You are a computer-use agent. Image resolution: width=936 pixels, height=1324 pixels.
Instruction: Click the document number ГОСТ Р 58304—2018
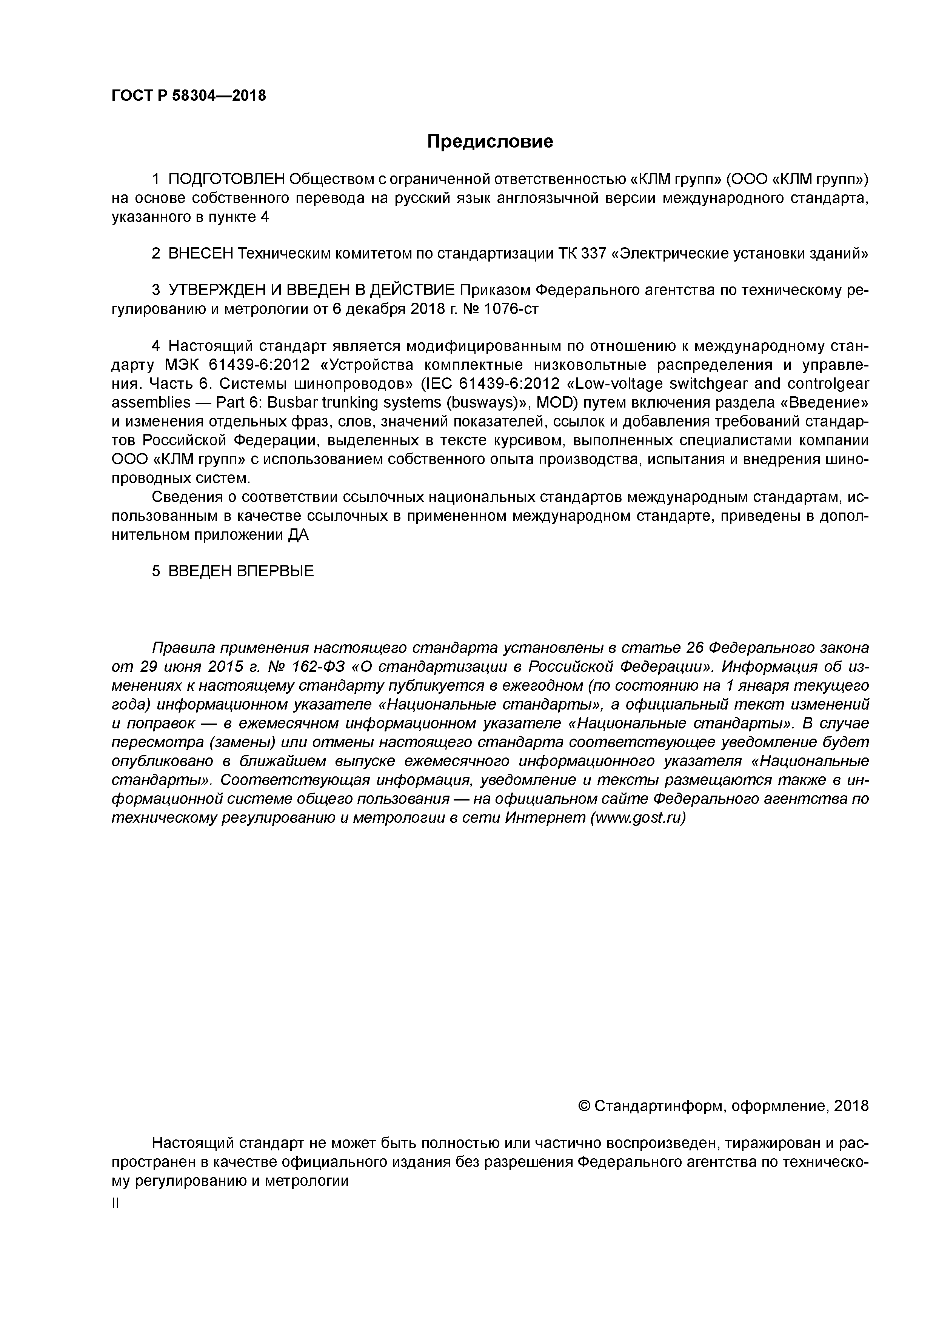click(x=189, y=96)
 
